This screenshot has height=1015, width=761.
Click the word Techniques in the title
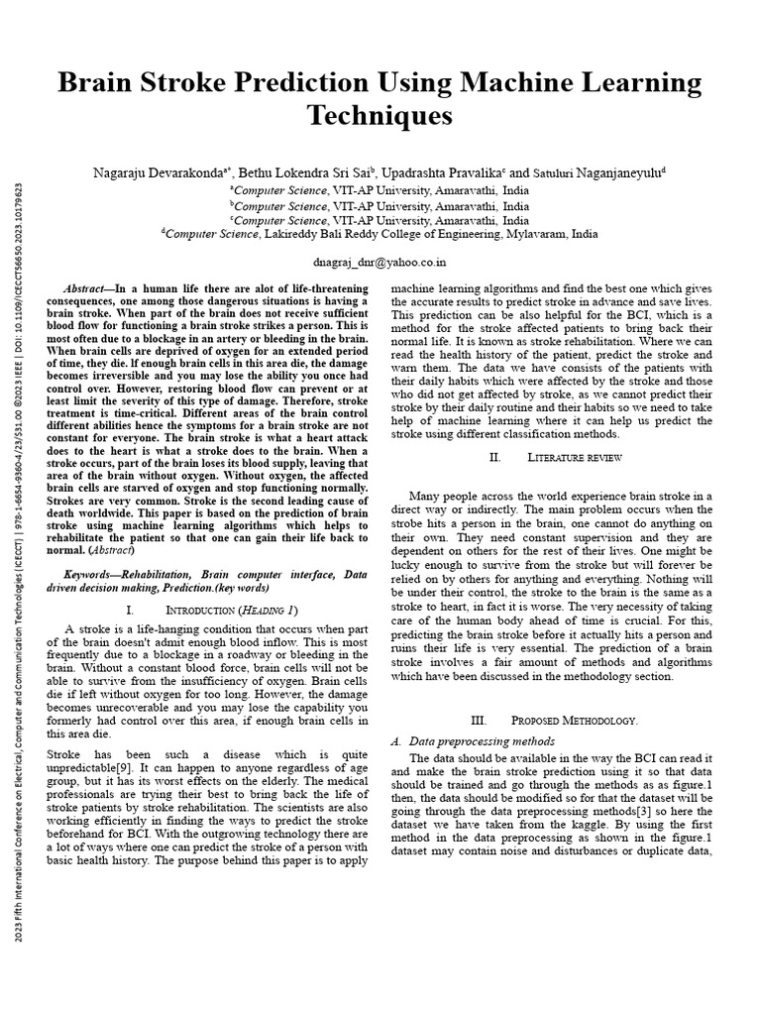380,115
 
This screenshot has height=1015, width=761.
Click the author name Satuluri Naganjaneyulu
602,171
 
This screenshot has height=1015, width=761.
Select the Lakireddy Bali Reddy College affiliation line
380,235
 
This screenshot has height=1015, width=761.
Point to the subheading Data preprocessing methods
475,741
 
